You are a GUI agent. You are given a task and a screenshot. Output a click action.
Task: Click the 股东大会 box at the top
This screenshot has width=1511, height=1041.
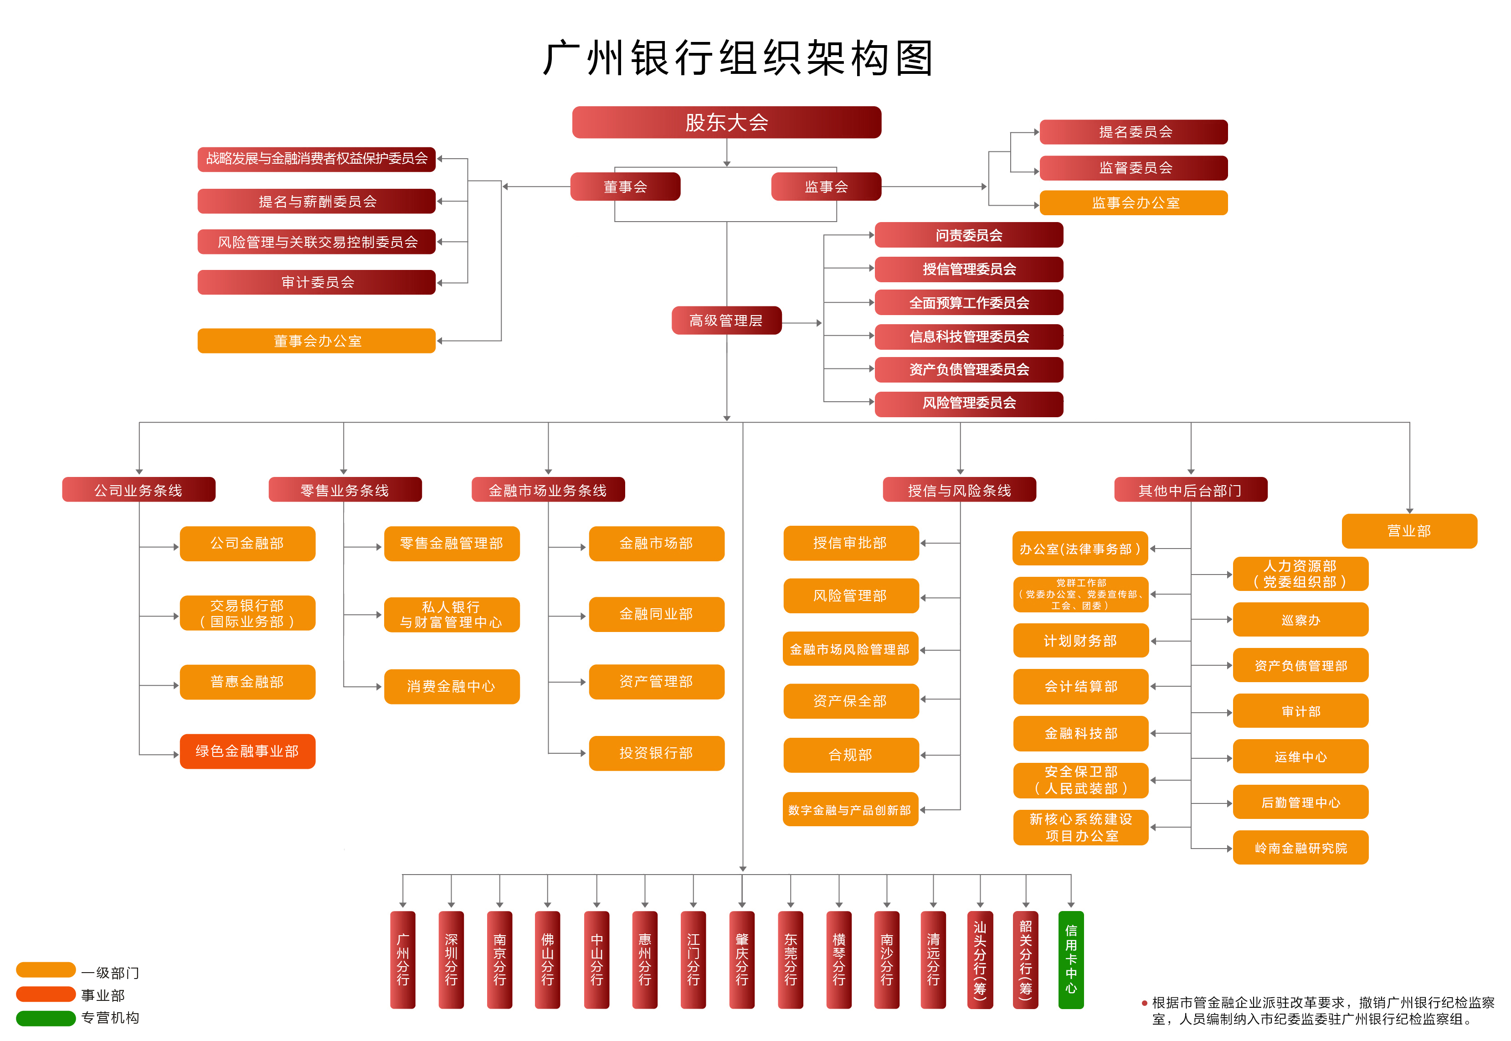pos(726,122)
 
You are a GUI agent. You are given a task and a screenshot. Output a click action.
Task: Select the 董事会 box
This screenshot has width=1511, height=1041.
pos(625,186)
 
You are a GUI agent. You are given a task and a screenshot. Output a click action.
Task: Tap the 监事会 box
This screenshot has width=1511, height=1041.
pos(826,186)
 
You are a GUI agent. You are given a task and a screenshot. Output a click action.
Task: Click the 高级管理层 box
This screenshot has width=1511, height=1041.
pos(726,320)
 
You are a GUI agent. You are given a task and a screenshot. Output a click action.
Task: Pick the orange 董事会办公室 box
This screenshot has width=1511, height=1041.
pos(316,341)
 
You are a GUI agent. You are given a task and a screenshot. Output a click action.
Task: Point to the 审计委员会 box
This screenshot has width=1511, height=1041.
pos(316,282)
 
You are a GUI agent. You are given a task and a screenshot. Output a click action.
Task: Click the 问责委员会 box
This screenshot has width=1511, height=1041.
pos(969,235)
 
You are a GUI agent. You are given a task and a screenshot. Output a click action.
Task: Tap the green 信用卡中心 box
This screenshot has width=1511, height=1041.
pos(1071,959)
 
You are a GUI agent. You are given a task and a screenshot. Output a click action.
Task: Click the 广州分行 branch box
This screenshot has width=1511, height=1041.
pos(403,959)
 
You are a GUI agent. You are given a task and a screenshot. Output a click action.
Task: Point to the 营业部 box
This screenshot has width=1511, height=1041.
pos(1409,531)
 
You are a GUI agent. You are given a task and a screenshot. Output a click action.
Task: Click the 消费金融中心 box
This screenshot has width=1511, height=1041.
pos(452,686)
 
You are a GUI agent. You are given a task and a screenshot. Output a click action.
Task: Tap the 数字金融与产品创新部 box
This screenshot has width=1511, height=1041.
pos(850,809)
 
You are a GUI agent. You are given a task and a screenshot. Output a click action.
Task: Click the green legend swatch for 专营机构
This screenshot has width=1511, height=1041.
pos(46,1018)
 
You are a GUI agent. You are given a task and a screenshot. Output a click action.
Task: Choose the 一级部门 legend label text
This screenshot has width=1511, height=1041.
pos(110,973)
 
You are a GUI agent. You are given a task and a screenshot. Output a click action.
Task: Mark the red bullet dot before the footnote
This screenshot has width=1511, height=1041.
pos(1144,1003)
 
